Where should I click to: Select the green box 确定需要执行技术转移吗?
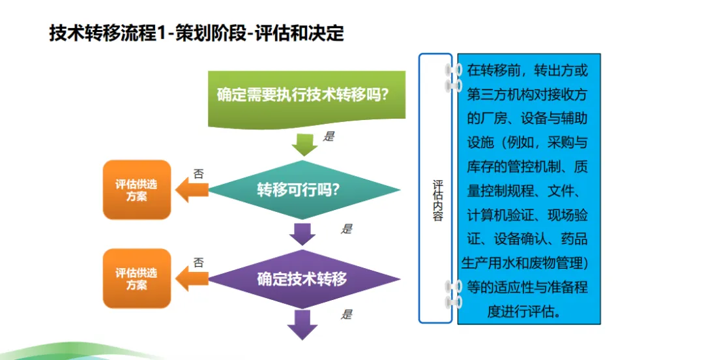point(303,95)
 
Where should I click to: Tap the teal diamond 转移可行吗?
point(303,190)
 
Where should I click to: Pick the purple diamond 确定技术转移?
point(303,279)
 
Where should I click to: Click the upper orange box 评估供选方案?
point(136,190)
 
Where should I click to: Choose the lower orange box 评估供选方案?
point(136,278)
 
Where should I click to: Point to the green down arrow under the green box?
point(303,143)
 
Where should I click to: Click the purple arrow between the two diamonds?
point(303,233)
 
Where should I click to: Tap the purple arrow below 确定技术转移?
point(303,323)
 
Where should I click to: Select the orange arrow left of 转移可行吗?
point(193,190)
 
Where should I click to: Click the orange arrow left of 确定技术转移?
point(193,279)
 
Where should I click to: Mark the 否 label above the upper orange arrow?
point(198,174)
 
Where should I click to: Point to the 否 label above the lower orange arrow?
point(198,263)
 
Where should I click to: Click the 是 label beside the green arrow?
point(329,137)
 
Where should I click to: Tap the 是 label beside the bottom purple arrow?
point(347,315)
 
